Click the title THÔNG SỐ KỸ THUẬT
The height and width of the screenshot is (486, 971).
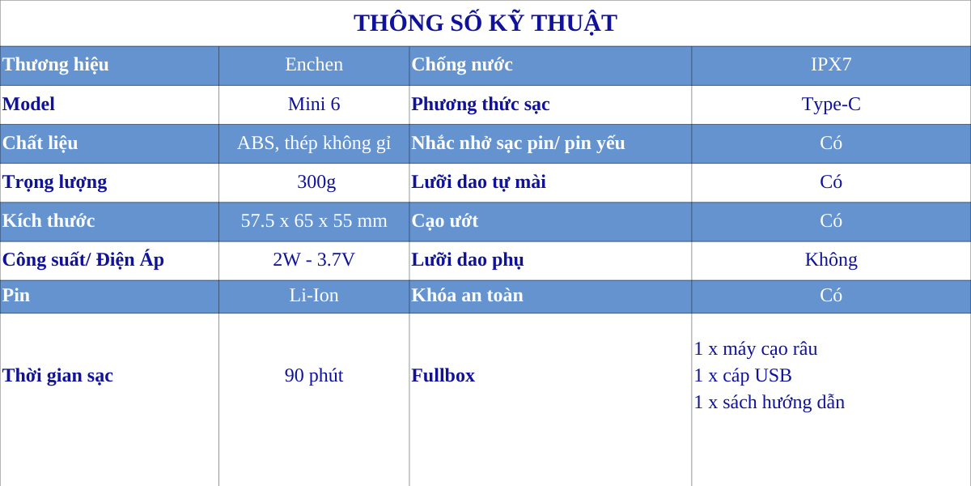[x=485, y=23]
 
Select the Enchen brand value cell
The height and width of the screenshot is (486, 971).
[x=314, y=65]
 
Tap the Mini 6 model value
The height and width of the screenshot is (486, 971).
[x=314, y=104]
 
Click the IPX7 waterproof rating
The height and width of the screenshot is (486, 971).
[x=831, y=65]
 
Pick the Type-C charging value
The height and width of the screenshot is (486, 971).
[x=831, y=104]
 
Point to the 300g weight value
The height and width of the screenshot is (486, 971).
[x=316, y=182]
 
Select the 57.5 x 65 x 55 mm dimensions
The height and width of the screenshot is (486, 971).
[x=314, y=221]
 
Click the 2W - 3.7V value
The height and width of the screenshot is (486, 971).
[x=314, y=260]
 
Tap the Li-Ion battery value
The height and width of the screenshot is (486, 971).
[x=314, y=296]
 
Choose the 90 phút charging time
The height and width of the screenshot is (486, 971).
[x=314, y=376]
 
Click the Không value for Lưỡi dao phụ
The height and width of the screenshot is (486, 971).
[x=831, y=260]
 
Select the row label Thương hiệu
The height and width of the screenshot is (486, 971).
[x=56, y=65]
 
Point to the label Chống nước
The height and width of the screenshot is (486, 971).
[x=462, y=65]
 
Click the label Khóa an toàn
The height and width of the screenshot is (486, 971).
[x=468, y=296]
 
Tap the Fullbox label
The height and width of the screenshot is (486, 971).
[x=443, y=376]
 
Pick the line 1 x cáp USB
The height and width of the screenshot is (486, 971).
[x=743, y=376]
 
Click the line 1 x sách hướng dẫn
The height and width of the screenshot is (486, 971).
[x=770, y=403]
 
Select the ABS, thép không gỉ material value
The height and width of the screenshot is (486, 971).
[x=314, y=143]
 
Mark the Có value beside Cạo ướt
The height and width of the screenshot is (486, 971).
[x=831, y=221]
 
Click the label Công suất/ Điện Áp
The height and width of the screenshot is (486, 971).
[x=83, y=260]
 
